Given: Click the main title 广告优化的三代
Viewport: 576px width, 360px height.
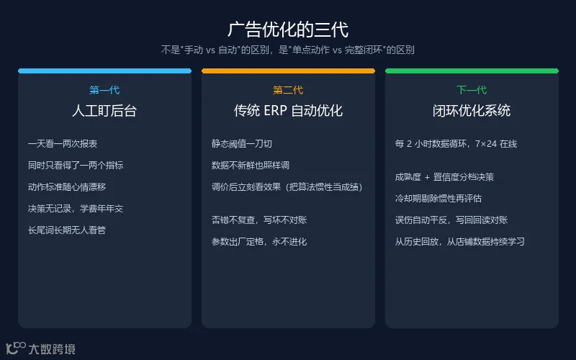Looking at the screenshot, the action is tap(288, 30).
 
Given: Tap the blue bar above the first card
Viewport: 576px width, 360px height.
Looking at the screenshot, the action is tap(104, 71).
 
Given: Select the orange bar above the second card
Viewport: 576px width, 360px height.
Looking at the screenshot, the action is tap(289, 71).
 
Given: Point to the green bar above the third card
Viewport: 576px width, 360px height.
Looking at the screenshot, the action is tap(472, 71).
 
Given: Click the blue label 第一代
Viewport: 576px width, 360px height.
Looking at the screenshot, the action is tap(104, 90).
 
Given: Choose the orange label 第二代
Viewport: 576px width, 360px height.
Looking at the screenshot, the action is tap(288, 90).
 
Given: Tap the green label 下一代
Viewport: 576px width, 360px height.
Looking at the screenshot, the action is tap(472, 90).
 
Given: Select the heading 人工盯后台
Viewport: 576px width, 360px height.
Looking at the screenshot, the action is tap(104, 111).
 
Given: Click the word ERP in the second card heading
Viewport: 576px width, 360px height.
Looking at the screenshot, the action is tap(275, 111).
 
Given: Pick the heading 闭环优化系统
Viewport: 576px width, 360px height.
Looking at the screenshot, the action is tap(472, 111).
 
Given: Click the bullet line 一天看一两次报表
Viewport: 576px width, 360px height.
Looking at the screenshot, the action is tap(63, 143).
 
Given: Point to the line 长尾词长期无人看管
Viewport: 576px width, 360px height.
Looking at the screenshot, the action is tap(67, 230).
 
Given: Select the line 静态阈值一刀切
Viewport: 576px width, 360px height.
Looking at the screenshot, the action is tap(242, 143).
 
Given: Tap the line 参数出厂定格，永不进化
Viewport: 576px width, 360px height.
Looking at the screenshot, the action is tap(259, 242).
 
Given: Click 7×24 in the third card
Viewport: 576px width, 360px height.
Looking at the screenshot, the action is tap(486, 143).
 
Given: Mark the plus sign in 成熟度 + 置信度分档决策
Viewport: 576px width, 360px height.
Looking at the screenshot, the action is tap(427, 177).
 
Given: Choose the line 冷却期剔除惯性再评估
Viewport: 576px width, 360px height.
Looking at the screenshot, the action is tap(438, 199).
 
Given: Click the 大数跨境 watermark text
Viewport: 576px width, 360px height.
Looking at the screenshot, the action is tap(52, 349).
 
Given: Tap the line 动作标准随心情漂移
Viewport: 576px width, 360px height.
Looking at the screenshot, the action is tap(67, 187).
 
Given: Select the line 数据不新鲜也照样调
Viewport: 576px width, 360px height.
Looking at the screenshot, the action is tap(251, 166).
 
